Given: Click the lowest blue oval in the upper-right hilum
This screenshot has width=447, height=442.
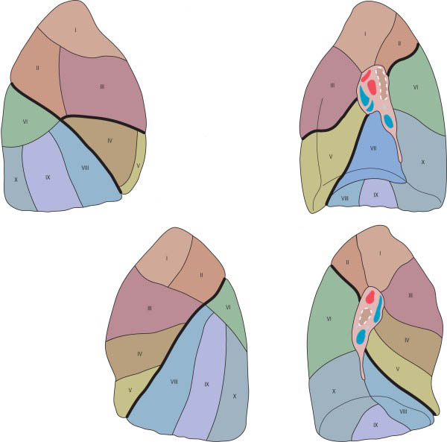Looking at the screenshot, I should tap(389, 120).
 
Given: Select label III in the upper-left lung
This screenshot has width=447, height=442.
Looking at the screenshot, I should tap(101, 86).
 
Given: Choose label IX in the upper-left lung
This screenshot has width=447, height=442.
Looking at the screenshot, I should tap(48, 177).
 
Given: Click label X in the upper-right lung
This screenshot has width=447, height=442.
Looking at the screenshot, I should tap(422, 161).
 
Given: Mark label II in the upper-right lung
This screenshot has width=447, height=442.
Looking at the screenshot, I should tap(399, 43).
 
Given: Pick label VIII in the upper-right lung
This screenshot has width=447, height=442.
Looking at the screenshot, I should tap(344, 198).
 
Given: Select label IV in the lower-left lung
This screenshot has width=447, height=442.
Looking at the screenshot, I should tap(139, 354).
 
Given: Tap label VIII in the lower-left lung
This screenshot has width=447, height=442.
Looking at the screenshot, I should tap(174, 382).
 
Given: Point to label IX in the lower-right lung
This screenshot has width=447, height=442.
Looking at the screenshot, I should tap(375, 426).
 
